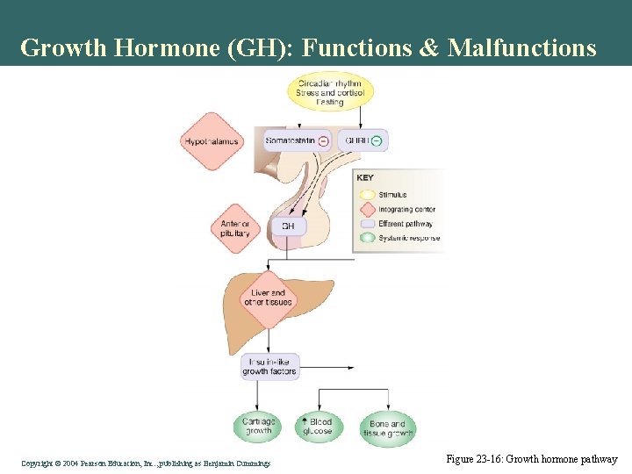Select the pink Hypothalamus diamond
212,141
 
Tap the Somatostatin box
291,140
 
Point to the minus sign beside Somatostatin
323,140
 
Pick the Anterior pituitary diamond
235,228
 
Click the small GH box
288,226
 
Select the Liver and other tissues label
268,298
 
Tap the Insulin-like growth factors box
270,366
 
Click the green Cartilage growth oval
258,427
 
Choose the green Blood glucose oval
317,427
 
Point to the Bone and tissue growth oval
387,428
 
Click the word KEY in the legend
365,177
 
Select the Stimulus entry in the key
392,195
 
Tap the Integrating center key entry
406,210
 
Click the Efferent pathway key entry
405,224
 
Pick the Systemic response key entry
409,238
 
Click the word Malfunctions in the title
521,47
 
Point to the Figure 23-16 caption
532,459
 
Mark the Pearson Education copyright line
146,463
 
